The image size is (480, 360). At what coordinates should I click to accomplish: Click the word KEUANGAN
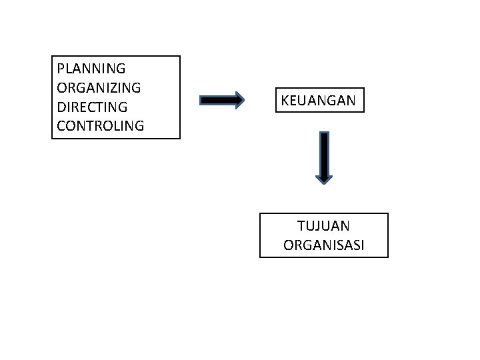319,101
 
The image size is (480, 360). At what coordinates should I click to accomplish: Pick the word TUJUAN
324,227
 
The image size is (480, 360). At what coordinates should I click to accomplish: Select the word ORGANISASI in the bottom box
324,245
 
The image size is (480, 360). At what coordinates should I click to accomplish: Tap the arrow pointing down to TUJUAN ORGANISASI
324,157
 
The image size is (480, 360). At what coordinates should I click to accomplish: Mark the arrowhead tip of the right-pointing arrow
245,101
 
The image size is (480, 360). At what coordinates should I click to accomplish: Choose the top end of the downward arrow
324,134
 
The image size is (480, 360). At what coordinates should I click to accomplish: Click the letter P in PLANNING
61,68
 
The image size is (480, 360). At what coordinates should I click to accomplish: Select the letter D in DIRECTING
62,107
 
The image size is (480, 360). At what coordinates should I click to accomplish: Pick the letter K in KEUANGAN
285,101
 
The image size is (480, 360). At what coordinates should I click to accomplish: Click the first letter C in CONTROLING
62,125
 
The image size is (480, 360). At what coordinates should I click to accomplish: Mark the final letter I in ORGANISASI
362,245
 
